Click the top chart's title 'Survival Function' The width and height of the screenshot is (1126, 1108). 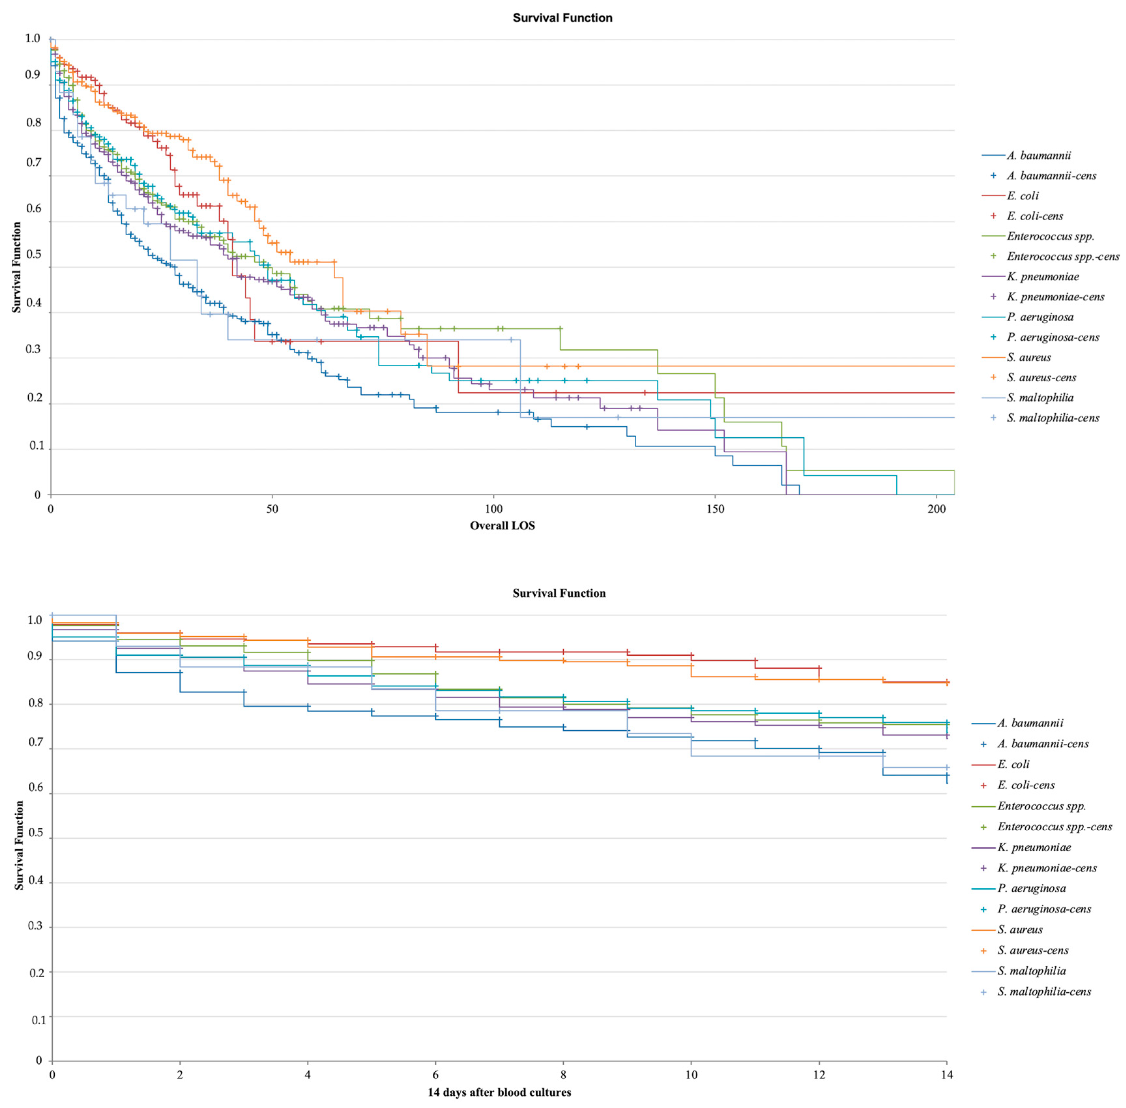(x=562, y=18)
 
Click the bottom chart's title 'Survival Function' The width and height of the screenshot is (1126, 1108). (x=559, y=593)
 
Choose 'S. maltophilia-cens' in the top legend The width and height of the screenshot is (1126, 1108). (x=1053, y=418)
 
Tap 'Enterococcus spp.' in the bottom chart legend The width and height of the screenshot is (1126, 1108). (x=1042, y=806)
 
